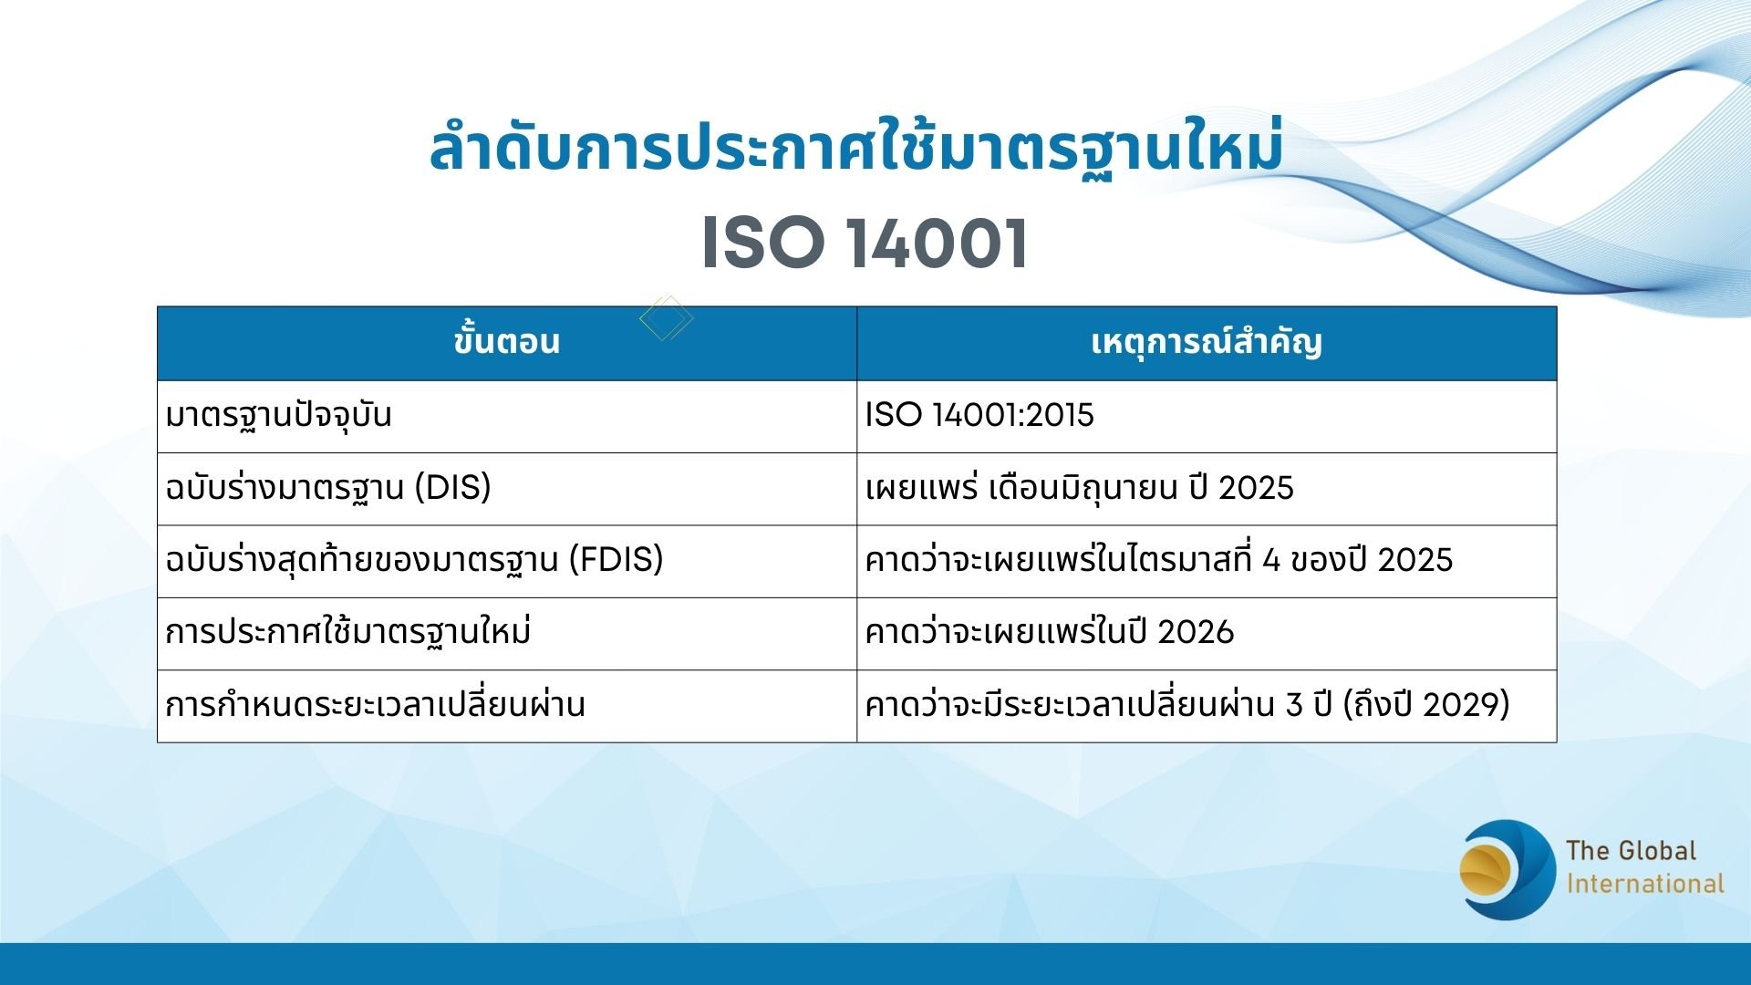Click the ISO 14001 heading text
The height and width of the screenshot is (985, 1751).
point(865,244)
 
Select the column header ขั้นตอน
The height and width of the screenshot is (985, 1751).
point(506,342)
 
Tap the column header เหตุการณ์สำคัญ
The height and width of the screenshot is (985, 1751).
point(1206,342)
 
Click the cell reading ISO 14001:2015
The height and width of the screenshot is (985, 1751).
point(979,415)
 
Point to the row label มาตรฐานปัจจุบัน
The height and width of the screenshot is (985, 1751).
point(278,415)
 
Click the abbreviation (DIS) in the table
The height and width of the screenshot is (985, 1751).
point(452,487)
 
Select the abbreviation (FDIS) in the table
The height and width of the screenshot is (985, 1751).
point(616,559)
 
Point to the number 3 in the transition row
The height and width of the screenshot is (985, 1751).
point(1294,704)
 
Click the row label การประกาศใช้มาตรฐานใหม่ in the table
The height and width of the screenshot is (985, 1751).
point(347,631)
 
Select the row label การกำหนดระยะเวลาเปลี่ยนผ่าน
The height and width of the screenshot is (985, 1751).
point(375,704)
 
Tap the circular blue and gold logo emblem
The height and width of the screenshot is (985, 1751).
point(1507,869)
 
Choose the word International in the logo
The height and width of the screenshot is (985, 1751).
point(1644,884)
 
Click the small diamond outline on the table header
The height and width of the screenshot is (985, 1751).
point(667,318)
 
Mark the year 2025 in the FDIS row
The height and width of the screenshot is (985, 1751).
point(1414,559)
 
